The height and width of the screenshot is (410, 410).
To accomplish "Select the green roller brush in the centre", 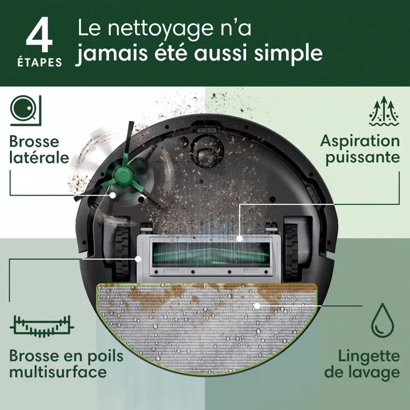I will click(204, 255).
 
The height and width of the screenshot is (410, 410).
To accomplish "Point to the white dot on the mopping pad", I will click(256, 305).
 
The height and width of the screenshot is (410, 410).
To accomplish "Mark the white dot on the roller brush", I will click(241, 238).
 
